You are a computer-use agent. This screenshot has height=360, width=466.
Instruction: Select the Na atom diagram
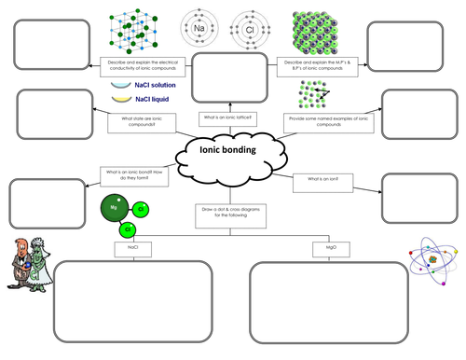pos(199,29)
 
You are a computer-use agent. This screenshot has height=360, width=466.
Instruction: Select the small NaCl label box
pos(128,249)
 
